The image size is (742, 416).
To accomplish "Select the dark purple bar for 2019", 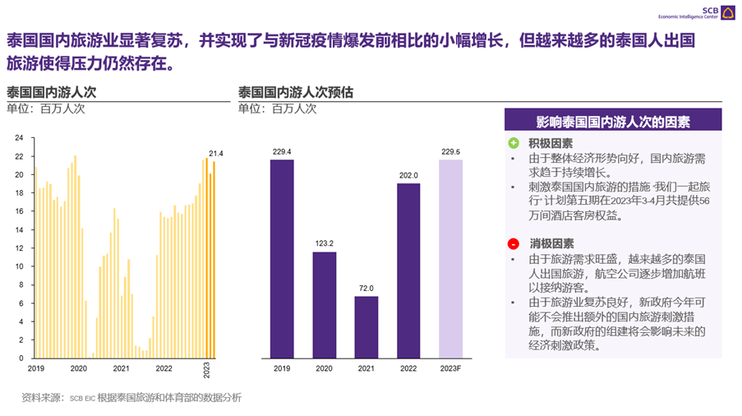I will pyautogui.click(x=282, y=259).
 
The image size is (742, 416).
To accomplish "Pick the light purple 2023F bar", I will pyautogui.click(x=450, y=259).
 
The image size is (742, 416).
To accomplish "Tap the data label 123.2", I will pyautogui.click(x=324, y=243).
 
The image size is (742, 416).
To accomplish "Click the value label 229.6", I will pyautogui.click(x=450, y=151).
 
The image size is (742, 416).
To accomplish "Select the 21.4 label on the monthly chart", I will pyautogui.click(x=216, y=154).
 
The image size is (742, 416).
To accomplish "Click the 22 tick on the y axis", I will pyautogui.click(x=19, y=156).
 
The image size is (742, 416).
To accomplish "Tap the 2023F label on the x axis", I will pyautogui.click(x=450, y=368).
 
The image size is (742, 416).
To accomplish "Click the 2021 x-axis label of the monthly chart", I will pyautogui.click(x=121, y=368).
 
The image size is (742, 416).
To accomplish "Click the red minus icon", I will pyautogui.click(x=514, y=244).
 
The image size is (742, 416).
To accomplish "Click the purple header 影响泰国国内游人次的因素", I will pyautogui.click(x=612, y=121).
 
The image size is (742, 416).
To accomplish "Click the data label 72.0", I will pyautogui.click(x=366, y=288).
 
